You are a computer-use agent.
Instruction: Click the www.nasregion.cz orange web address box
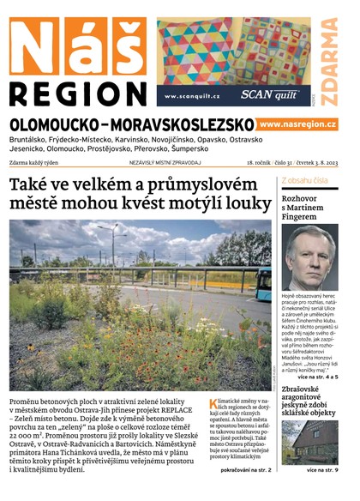297,124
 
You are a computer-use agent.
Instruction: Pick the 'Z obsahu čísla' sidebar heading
305,181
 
